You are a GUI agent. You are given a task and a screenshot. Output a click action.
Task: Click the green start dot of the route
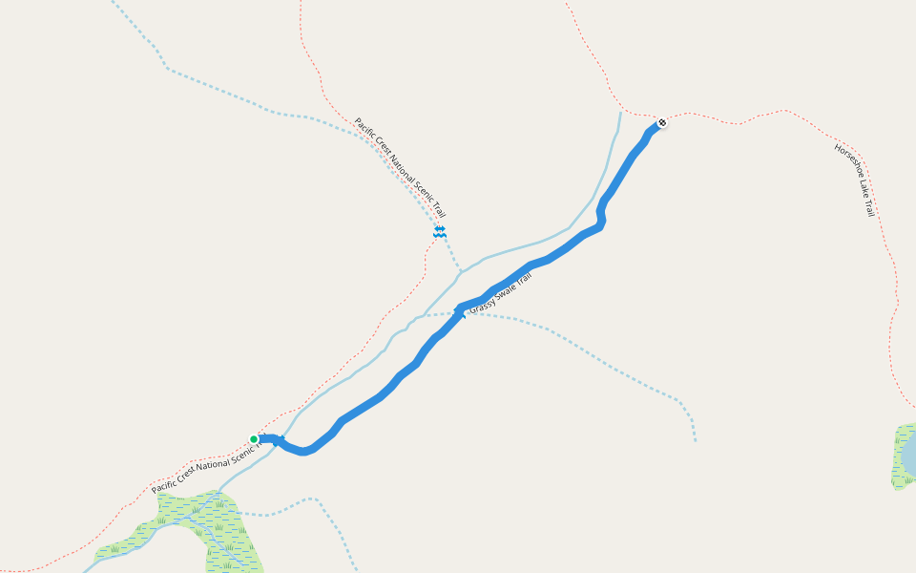click(254, 439)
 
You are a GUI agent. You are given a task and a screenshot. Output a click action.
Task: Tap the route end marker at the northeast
click(662, 122)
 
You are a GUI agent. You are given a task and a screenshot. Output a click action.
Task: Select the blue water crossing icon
click(440, 231)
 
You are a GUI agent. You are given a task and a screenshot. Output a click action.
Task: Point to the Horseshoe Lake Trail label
click(854, 180)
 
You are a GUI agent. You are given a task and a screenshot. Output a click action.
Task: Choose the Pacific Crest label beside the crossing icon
click(400, 168)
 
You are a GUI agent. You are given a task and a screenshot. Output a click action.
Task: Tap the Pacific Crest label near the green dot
click(206, 467)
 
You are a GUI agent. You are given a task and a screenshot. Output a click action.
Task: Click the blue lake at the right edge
click(909, 453)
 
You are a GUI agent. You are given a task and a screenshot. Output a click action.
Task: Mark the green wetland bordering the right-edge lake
click(899, 458)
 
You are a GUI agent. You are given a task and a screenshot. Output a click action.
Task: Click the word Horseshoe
click(846, 163)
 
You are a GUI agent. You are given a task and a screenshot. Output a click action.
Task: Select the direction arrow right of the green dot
click(280, 440)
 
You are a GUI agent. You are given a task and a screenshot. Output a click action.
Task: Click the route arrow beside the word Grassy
click(460, 311)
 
